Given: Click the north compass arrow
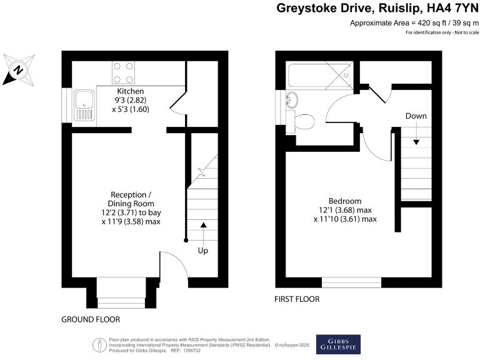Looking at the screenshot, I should [x=18, y=68].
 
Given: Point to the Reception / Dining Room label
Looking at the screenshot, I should [x=131, y=199].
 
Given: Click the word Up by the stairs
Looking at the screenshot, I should [x=203, y=250].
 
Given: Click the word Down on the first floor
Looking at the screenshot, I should [x=416, y=116].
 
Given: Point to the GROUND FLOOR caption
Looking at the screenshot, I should [x=91, y=319].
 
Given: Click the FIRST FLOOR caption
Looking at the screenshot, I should [x=297, y=299].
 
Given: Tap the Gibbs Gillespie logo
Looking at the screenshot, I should [x=339, y=344].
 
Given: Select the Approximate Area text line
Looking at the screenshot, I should [x=414, y=23].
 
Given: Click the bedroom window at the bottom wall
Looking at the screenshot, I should [x=351, y=282].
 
